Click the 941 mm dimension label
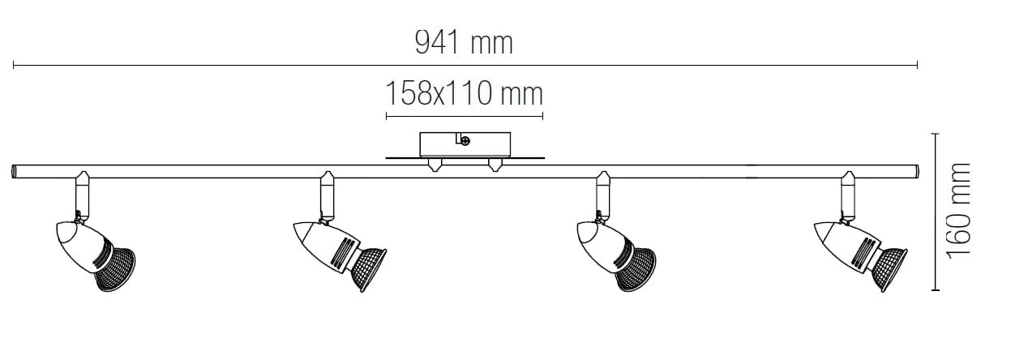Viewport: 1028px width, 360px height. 464,43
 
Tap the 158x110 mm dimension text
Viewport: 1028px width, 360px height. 464,94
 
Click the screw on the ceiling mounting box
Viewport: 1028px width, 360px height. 465,141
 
